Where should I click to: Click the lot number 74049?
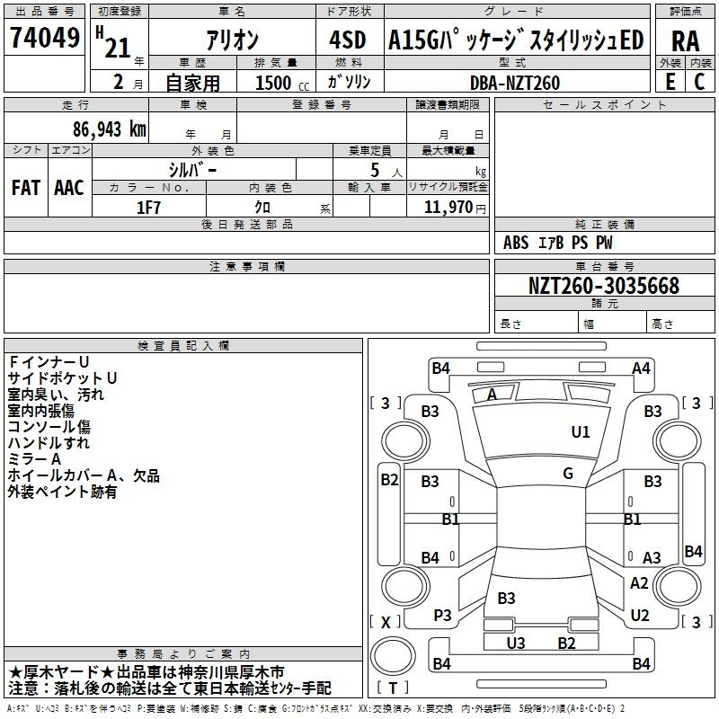pos(45,37)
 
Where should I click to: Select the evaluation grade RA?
pos(686,41)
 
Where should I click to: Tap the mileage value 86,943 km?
pos(109,129)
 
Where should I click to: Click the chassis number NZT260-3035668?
pos(603,286)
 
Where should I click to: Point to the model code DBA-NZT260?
pos(514,83)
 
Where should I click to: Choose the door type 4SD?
pos(348,40)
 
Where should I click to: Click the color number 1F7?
pos(148,208)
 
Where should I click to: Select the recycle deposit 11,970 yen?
pos(455,208)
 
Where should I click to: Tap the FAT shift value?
pos(26,188)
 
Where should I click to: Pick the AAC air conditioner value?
pos(69,188)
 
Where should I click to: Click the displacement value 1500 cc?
pos(282,83)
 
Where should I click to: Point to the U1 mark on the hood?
pos(580,431)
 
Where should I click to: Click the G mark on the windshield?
pos(568,473)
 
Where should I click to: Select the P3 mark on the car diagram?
pos(442,616)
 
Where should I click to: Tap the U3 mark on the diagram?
pos(515,643)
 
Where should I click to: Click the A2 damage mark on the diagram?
pos(639,582)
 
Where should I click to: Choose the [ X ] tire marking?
pos(386,622)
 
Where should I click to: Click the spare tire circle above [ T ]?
pos(393,656)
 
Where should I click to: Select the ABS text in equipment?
pos(516,243)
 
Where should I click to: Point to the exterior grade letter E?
pos(670,82)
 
